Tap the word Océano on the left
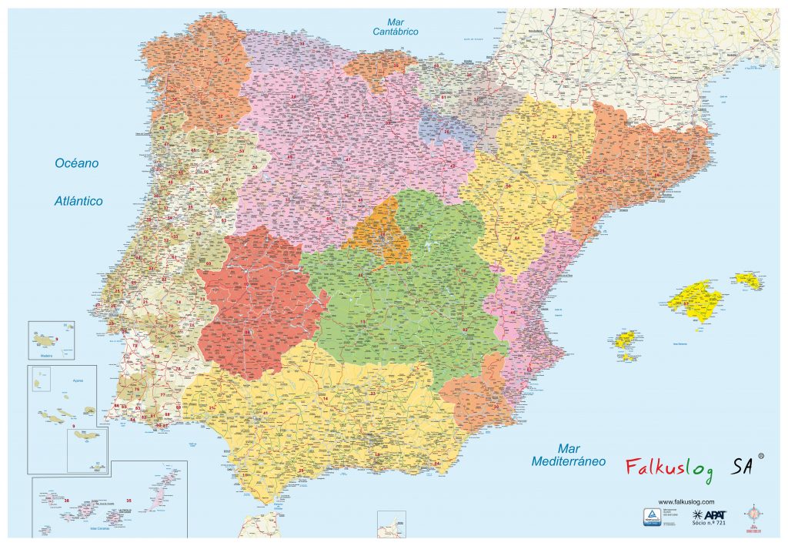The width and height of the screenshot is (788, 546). (x=76, y=163)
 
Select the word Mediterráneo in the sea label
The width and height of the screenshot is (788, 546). (x=569, y=461)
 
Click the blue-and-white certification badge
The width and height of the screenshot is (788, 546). (x=653, y=516)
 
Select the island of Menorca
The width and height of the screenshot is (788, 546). (x=747, y=280)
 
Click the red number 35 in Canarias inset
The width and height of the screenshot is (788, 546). (x=129, y=501)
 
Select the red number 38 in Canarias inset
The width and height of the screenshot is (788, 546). (x=66, y=501)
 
